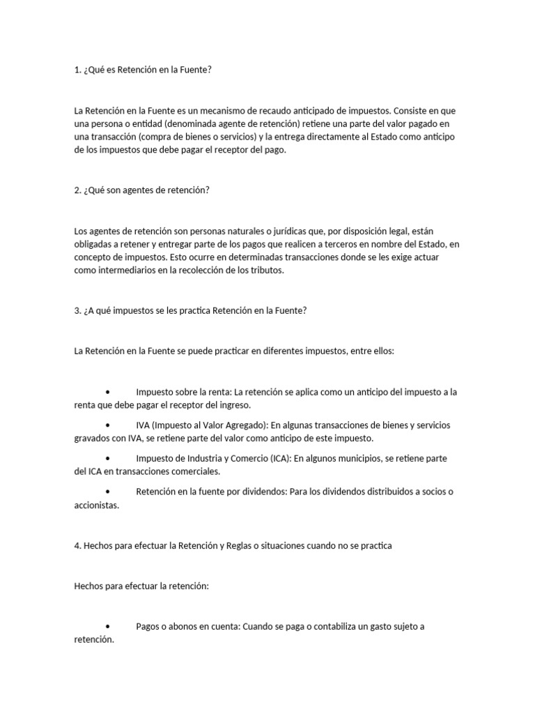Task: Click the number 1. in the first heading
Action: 77,70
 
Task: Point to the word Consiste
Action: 411,111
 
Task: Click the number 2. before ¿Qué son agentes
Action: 77,190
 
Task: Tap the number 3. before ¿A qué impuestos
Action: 77,311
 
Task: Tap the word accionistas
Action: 97,506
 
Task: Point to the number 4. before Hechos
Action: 77,546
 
